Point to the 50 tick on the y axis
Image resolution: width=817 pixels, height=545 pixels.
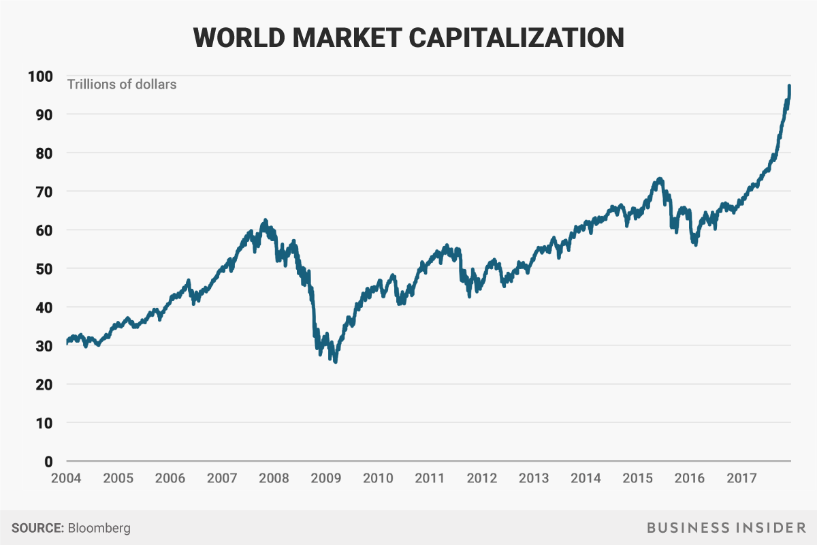coord(46,269)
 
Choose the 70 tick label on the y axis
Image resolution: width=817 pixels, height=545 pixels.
coord(46,192)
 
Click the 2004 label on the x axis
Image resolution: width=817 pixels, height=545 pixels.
coord(66,478)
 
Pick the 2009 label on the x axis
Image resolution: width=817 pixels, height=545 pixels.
coord(326,478)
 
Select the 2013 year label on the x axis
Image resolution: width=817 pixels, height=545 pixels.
coord(534,478)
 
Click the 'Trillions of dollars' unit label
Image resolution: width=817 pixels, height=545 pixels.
coord(121,85)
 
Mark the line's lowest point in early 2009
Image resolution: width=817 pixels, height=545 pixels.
coord(336,362)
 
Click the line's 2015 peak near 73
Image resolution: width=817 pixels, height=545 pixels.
coord(659,179)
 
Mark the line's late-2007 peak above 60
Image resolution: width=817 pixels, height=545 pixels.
coord(265,220)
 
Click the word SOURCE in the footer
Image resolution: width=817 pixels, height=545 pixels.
coord(38,528)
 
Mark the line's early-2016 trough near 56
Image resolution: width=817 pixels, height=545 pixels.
coord(695,245)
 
